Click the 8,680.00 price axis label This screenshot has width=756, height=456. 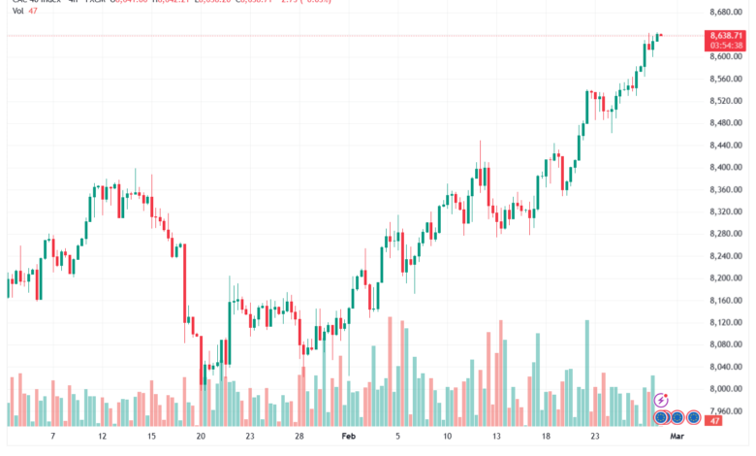[726, 12]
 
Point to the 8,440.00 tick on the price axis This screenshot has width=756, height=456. [726, 145]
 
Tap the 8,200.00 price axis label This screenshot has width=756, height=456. [726, 277]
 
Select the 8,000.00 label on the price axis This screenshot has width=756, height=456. [726, 388]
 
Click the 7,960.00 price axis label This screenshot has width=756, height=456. [726, 410]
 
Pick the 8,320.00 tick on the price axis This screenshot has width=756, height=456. [726, 212]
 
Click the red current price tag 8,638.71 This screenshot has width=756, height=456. [726, 35]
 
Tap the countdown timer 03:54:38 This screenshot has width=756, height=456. [726, 45]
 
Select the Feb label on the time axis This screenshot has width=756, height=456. [349, 438]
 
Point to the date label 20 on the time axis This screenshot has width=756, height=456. [201, 438]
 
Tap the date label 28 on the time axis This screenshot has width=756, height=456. [299, 438]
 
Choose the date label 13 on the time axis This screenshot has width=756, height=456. [497, 438]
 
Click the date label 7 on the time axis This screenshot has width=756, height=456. [52, 438]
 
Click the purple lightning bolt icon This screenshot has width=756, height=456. [662, 400]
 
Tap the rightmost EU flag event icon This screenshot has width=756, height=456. [694, 418]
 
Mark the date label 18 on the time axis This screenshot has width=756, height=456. [547, 438]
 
